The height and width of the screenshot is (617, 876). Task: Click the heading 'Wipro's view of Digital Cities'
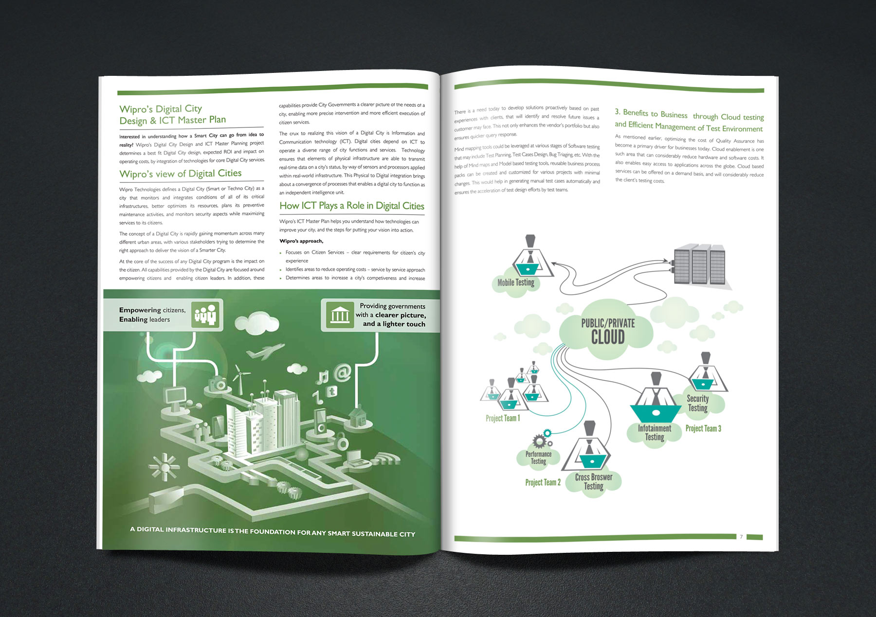[181, 174]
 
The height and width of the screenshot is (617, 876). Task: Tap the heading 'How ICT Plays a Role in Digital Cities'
[351, 206]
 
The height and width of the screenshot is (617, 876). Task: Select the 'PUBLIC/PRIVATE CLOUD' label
[608, 331]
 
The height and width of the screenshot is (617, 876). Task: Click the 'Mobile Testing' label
[516, 282]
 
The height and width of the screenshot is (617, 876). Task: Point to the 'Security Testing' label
[697, 403]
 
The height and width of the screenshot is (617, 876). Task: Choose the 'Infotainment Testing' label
[655, 432]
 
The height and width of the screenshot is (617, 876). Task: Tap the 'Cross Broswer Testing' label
[594, 481]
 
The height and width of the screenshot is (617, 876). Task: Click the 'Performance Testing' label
[538, 458]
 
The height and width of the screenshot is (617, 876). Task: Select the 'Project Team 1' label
[503, 418]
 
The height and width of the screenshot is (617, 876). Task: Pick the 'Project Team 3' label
[703, 428]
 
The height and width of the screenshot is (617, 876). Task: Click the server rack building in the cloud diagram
[699, 267]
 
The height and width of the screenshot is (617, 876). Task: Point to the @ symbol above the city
[343, 373]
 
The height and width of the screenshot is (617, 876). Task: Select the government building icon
[340, 315]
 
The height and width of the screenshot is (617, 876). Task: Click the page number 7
[741, 537]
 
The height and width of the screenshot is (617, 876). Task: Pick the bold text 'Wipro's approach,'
[301, 241]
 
